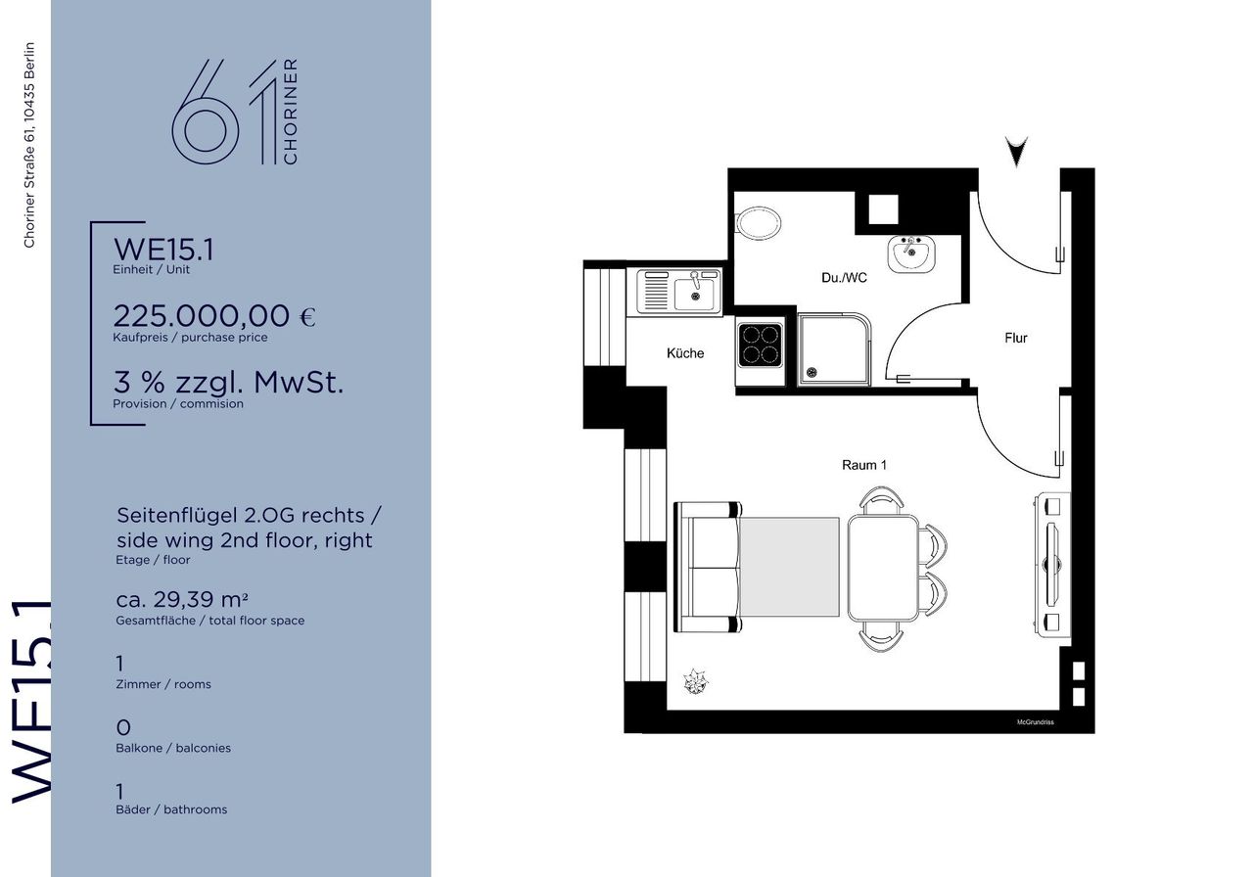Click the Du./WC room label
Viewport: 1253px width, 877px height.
point(844,277)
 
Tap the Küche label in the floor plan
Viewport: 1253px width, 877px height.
point(685,353)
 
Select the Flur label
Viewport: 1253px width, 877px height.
point(1016,338)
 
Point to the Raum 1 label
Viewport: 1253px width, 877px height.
point(864,465)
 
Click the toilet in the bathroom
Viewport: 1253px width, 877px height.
point(758,224)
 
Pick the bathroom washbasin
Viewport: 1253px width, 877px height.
point(911,254)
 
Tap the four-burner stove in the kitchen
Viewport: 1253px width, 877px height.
point(760,346)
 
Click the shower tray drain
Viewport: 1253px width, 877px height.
point(812,372)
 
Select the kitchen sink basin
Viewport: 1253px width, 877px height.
point(694,293)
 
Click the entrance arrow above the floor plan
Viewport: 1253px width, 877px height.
point(1016,151)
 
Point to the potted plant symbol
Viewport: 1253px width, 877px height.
point(695,681)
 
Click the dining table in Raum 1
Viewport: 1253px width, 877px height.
point(883,569)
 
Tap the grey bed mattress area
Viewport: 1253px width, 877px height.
point(790,567)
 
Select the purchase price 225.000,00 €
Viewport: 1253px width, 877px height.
point(214,316)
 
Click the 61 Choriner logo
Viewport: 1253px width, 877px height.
point(235,112)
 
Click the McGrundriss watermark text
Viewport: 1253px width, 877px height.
point(1036,722)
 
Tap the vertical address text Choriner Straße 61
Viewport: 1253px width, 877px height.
point(29,145)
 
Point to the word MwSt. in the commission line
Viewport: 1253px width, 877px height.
point(299,383)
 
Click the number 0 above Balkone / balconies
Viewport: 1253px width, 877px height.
point(123,727)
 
